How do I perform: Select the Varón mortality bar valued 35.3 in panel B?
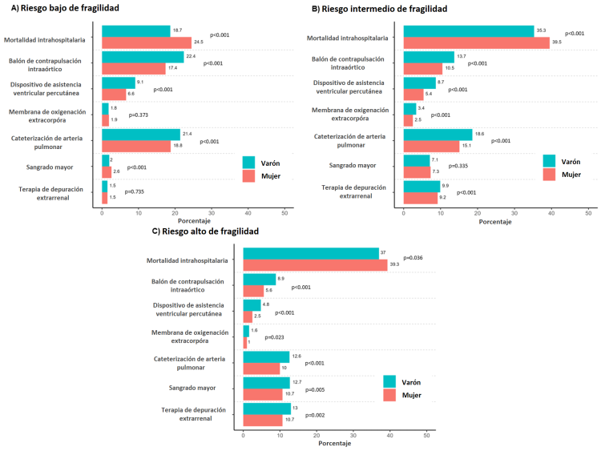tap(469, 31)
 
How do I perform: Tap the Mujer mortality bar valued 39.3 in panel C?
tap(315, 265)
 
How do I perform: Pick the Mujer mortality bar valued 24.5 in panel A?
tap(147, 42)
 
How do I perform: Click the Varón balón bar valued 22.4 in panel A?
tap(143, 57)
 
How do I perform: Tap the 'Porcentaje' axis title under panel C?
tap(334, 441)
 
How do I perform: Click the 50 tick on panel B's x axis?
tap(588, 215)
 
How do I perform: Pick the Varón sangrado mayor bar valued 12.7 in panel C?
tap(266, 383)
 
